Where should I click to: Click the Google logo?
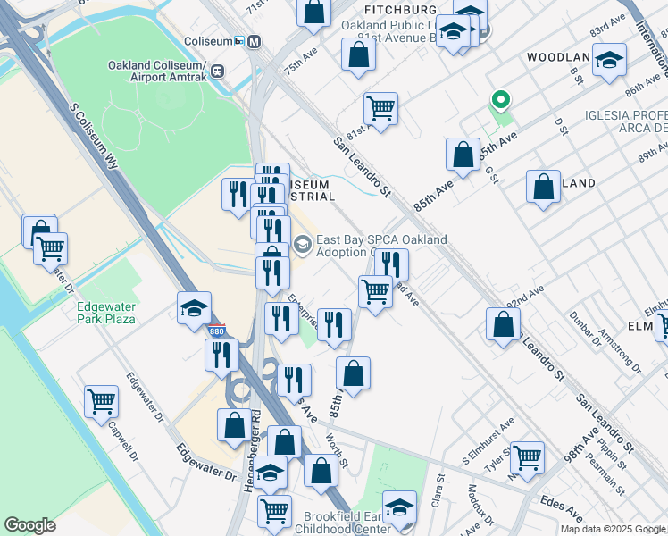(x=29, y=525)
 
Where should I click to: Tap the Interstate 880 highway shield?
(x=217, y=331)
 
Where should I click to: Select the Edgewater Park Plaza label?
(x=106, y=313)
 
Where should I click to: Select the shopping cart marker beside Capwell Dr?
(x=101, y=401)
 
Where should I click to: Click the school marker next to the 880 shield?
(x=194, y=307)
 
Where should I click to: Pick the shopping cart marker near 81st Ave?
(x=380, y=109)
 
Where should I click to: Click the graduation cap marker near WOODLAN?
(x=610, y=60)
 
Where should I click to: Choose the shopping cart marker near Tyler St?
(x=527, y=456)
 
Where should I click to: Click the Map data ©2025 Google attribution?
(x=613, y=529)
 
